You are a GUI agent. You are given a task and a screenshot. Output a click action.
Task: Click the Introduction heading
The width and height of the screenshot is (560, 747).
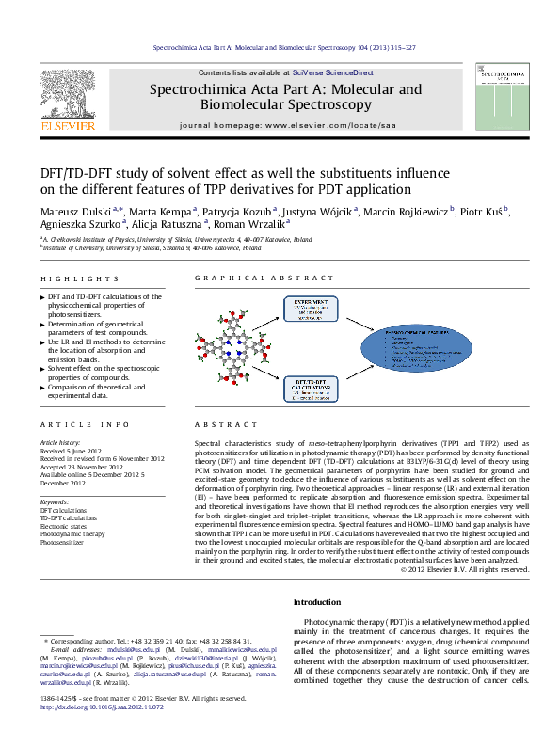(317, 602)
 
